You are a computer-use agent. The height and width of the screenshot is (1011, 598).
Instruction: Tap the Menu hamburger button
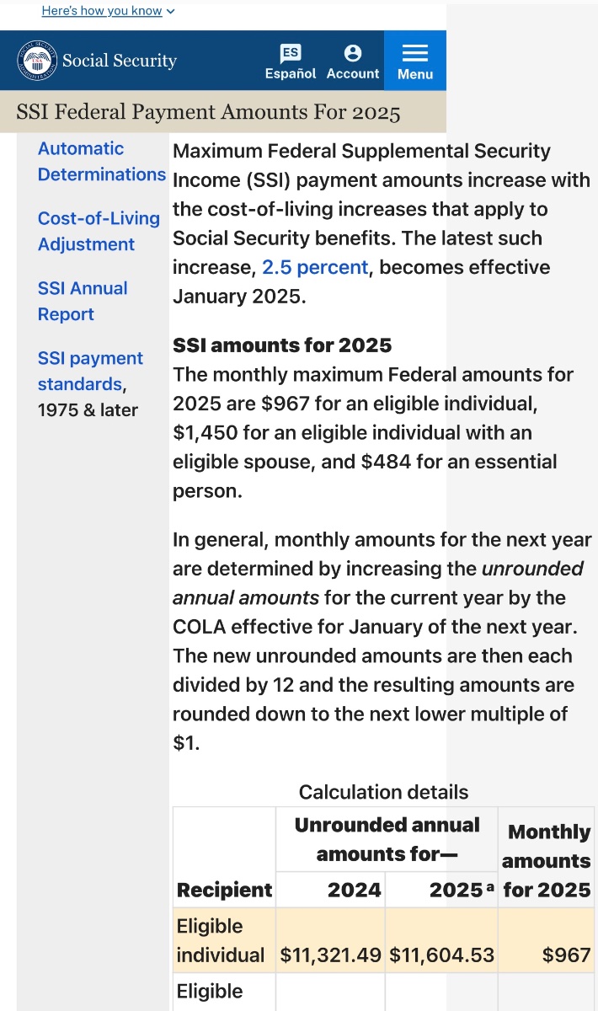(x=415, y=61)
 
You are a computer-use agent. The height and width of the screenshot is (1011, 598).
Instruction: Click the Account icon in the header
(x=353, y=62)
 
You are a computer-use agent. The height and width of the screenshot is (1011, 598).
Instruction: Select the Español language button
(x=291, y=62)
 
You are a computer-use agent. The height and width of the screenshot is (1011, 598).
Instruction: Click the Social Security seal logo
(x=37, y=61)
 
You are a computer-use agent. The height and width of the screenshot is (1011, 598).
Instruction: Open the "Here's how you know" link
(x=108, y=11)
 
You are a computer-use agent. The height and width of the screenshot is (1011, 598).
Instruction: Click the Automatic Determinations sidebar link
(x=101, y=162)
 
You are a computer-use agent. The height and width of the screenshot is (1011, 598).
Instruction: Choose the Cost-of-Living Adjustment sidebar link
(x=99, y=231)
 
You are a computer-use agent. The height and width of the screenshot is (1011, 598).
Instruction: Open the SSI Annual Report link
(x=83, y=301)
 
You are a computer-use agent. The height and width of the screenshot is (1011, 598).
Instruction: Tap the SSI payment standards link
(x=90, y=371)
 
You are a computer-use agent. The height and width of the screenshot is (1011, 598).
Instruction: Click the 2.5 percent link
(x=315, y=268)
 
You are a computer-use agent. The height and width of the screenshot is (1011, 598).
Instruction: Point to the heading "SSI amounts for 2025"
(x=282, y=345)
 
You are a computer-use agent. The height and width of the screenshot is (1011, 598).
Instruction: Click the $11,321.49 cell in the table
(x=331, y=955)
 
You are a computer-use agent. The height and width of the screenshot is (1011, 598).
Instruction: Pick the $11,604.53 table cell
(x=442, y=955)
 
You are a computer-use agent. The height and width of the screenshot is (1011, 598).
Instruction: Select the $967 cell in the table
(x=567, y=955)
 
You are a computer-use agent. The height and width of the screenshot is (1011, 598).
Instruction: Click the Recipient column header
(x=224, y=890)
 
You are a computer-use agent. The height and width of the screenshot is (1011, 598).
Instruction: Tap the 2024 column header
(x=355, y=890)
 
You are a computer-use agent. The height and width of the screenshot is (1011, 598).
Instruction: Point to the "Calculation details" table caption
(x=383, y=792)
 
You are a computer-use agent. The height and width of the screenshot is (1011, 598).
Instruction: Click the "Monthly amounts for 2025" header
(x=547, y=860)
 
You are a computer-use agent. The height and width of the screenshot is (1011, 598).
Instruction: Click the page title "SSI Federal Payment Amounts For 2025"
(x=208, y=112)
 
